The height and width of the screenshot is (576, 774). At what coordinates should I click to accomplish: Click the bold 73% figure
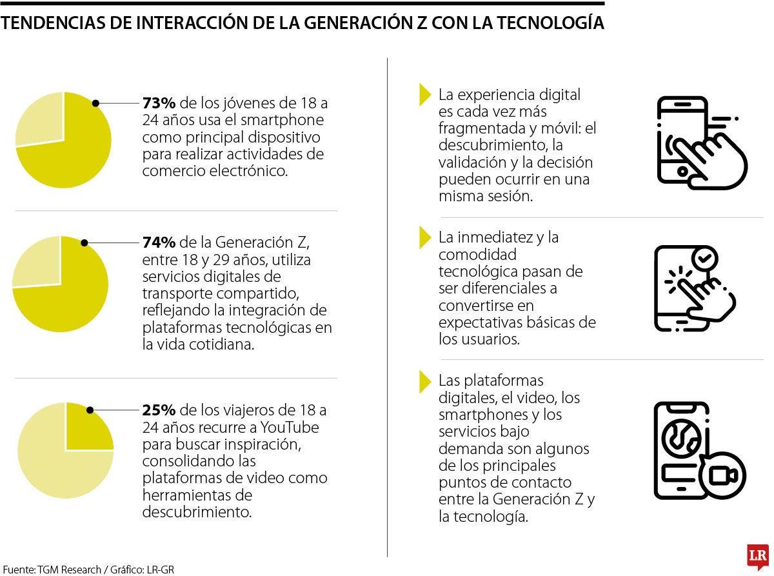(x=159, y=103)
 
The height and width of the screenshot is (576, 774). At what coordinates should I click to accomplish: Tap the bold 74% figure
(x=159, y=243)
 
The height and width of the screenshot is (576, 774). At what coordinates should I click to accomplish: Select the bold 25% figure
(x=159, y=410)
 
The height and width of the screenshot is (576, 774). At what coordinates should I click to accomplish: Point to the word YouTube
(x=290, y=427)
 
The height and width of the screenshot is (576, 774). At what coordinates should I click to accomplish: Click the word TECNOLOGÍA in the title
(x=551, y=23)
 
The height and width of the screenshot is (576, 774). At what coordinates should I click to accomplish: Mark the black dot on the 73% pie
(x=95, y=103)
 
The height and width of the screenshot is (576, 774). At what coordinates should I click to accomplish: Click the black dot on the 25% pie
(x=90, y=410)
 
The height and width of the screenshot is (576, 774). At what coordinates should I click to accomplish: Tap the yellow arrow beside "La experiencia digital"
(x=424, y=95)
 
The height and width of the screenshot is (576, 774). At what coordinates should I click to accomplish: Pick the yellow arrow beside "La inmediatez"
(x=424, y=237)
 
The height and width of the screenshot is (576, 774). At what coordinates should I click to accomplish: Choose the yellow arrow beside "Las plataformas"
(x=424, y=382)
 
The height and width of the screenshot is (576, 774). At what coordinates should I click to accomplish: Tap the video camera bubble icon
(x=722, y=475)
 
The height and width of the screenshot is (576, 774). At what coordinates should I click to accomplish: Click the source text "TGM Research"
(x=70, y=570)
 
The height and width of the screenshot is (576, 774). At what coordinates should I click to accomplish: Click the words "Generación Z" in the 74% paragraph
(x=262, y=243)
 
